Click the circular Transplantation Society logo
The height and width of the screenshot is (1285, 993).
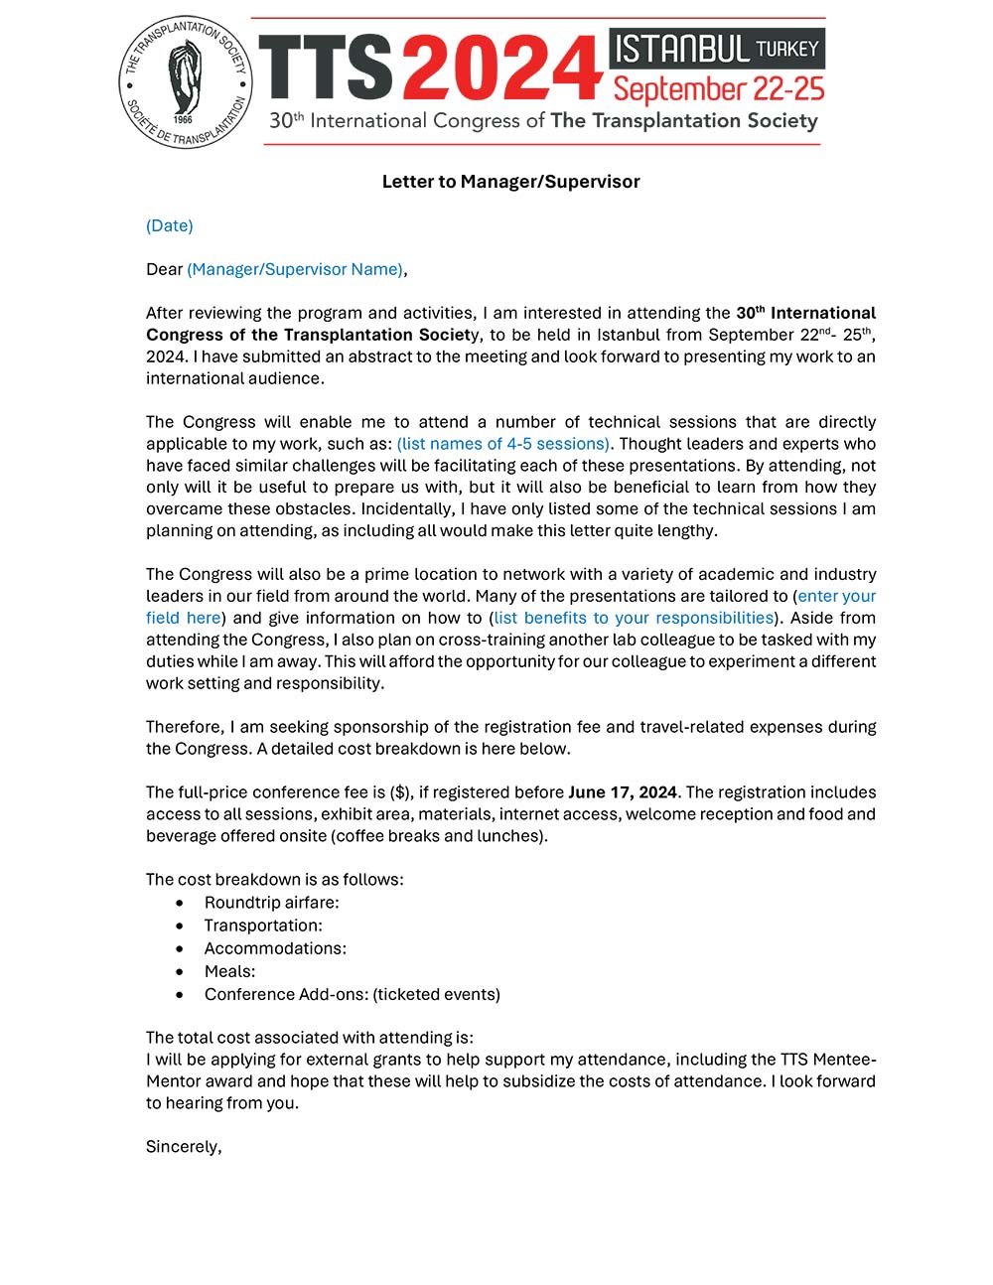[x=186, y=82]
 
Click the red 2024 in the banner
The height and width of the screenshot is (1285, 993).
[x=502, y=68]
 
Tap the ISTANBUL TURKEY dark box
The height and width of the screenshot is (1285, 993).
[x=717, y=48]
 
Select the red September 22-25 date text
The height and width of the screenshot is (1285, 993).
[x=719, y=89]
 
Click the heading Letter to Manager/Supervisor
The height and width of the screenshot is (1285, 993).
[x=510, y=182]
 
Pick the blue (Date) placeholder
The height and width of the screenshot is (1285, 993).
[x=170, y=225]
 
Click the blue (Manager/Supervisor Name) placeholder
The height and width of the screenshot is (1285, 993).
[x=295, y=269]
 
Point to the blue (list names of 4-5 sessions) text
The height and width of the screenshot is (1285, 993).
[x=503, y=444]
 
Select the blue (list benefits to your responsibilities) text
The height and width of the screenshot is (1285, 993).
[x=634, y=618]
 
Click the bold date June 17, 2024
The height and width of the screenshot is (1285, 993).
[x=623, y=792]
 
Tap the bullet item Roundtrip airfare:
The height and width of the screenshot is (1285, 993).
[x=271, y=903]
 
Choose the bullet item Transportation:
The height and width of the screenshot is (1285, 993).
[x=263, y=926]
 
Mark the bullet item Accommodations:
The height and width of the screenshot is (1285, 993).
[x=275, y=948]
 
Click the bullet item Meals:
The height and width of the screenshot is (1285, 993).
[x=229, y=971]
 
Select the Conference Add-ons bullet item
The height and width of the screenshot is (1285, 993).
[x=352, y=994]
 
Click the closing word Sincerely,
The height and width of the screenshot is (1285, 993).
[x=184, y=1147]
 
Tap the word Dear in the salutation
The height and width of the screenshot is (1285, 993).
[x=164, y=269]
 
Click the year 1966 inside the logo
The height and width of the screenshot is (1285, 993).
[x=183, y=119]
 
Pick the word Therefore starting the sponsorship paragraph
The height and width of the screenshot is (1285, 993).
[x=184, y=727]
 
